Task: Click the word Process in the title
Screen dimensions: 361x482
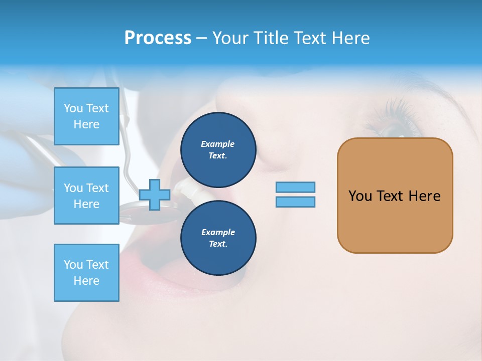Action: coord(158,38)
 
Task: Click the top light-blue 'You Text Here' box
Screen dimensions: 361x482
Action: coord(86,116)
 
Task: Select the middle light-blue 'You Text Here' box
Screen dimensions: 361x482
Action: coord(86,196)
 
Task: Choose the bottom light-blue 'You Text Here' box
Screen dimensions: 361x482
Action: coord(86,273)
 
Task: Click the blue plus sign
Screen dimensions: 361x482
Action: coord(154,195)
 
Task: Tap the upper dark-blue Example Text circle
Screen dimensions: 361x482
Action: coord(218,149)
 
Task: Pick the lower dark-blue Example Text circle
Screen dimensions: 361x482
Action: coord(218,238)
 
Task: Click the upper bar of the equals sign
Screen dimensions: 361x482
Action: coord(295,187)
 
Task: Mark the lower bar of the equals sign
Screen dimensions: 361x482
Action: coord(295,202)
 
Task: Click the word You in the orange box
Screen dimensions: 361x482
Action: coord(360,196)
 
